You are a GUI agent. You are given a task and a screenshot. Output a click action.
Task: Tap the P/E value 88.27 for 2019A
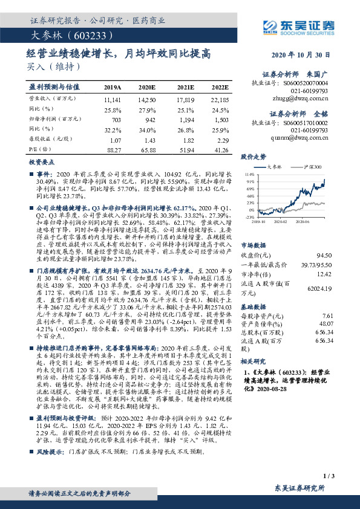pos(113,149)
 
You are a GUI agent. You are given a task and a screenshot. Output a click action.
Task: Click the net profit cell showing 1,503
pos(220,120)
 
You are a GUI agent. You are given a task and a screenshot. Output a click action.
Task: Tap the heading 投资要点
pos(40,163)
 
